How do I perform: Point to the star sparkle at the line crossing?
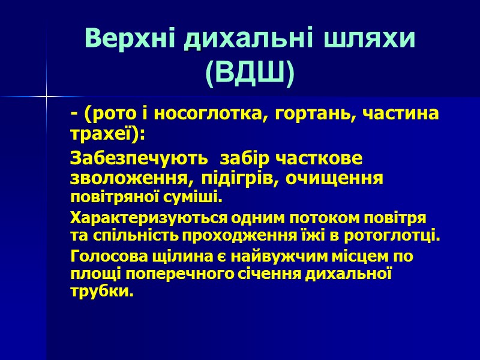[46, 97]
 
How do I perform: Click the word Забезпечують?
[140, 159]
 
